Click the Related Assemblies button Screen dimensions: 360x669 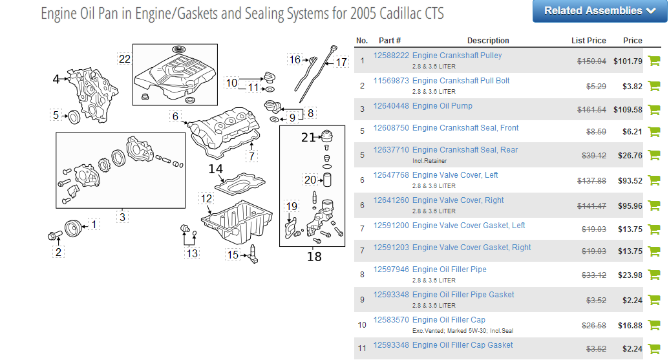pyautogui.click(x=599, y=11)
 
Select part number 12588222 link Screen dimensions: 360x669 pyautogui.click(x=391, y=56)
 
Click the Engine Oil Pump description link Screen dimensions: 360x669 pyautogui.click(x=442, y=106)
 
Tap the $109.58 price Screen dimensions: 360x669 pyautogui.click(x=627, y=110)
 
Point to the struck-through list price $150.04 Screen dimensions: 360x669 pyautogui.click(x=591, y=61)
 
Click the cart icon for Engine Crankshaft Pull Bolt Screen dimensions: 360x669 pyautogui.click(x=653, y=85)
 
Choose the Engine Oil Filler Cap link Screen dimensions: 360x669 pyautogui.click(x=449, y=320)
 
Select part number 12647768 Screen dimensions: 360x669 pyautogui.click(x=391, y=175)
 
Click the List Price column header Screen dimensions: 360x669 pyautogui.click(x=588, y=41)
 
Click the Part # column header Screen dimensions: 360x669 pyautogui.click(x=390, y=41)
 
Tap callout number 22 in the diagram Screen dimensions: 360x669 pyautogui.click(x=125, y=59)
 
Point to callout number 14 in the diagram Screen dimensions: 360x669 pyautogui.click(x=215, y=169)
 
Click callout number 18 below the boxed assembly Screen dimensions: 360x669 pyautogui.click(x=314, y=257)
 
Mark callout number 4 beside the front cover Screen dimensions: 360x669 pyautogui.click(x=56, y=79)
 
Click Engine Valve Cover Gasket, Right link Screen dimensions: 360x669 pyautogui.click(x=471, y=248)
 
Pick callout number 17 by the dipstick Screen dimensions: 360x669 pyautogui.click(x=341, y=63)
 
